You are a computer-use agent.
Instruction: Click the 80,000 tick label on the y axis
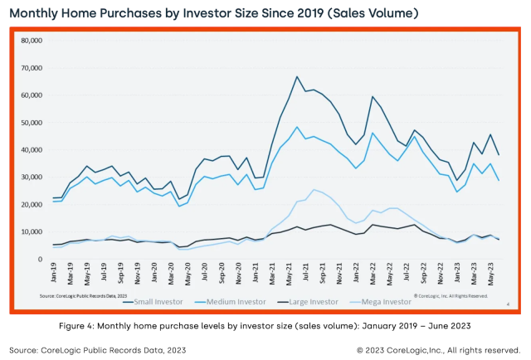coord(31,40)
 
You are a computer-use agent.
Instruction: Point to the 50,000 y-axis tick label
coord(31,122)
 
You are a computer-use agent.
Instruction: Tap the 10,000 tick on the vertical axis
coord(31,231)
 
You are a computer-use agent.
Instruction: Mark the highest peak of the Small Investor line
coord(297,77)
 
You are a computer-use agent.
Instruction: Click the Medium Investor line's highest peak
coord(297,127)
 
